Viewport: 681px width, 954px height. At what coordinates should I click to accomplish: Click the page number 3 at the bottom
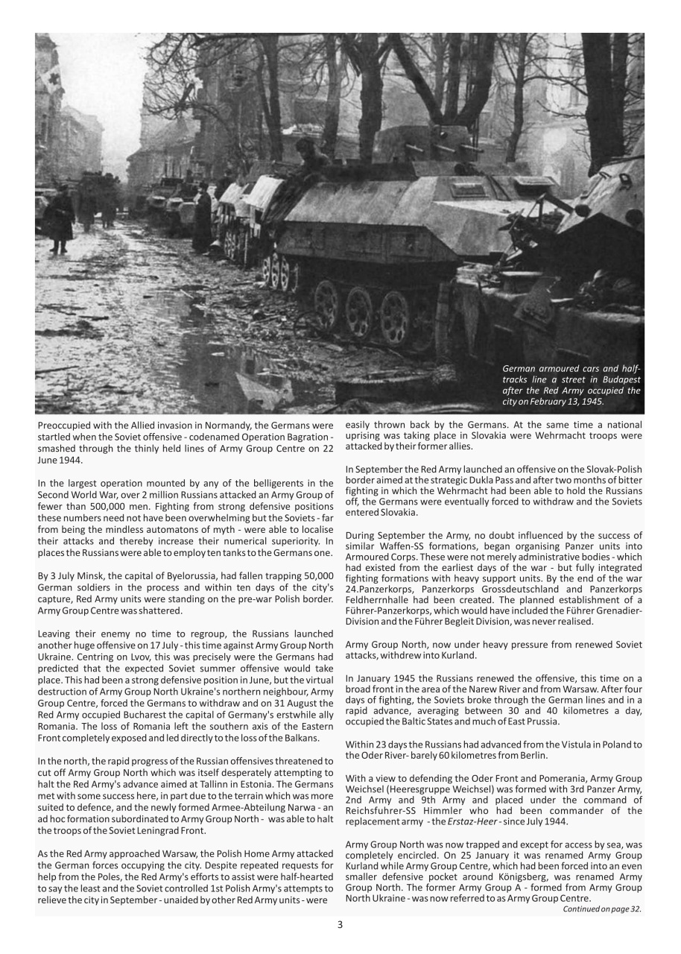[x=340, y=925]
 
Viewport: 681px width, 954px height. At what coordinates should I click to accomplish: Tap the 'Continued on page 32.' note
[x=601, y=909]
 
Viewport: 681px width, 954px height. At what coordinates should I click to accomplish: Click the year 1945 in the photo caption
[x=592, y=401]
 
